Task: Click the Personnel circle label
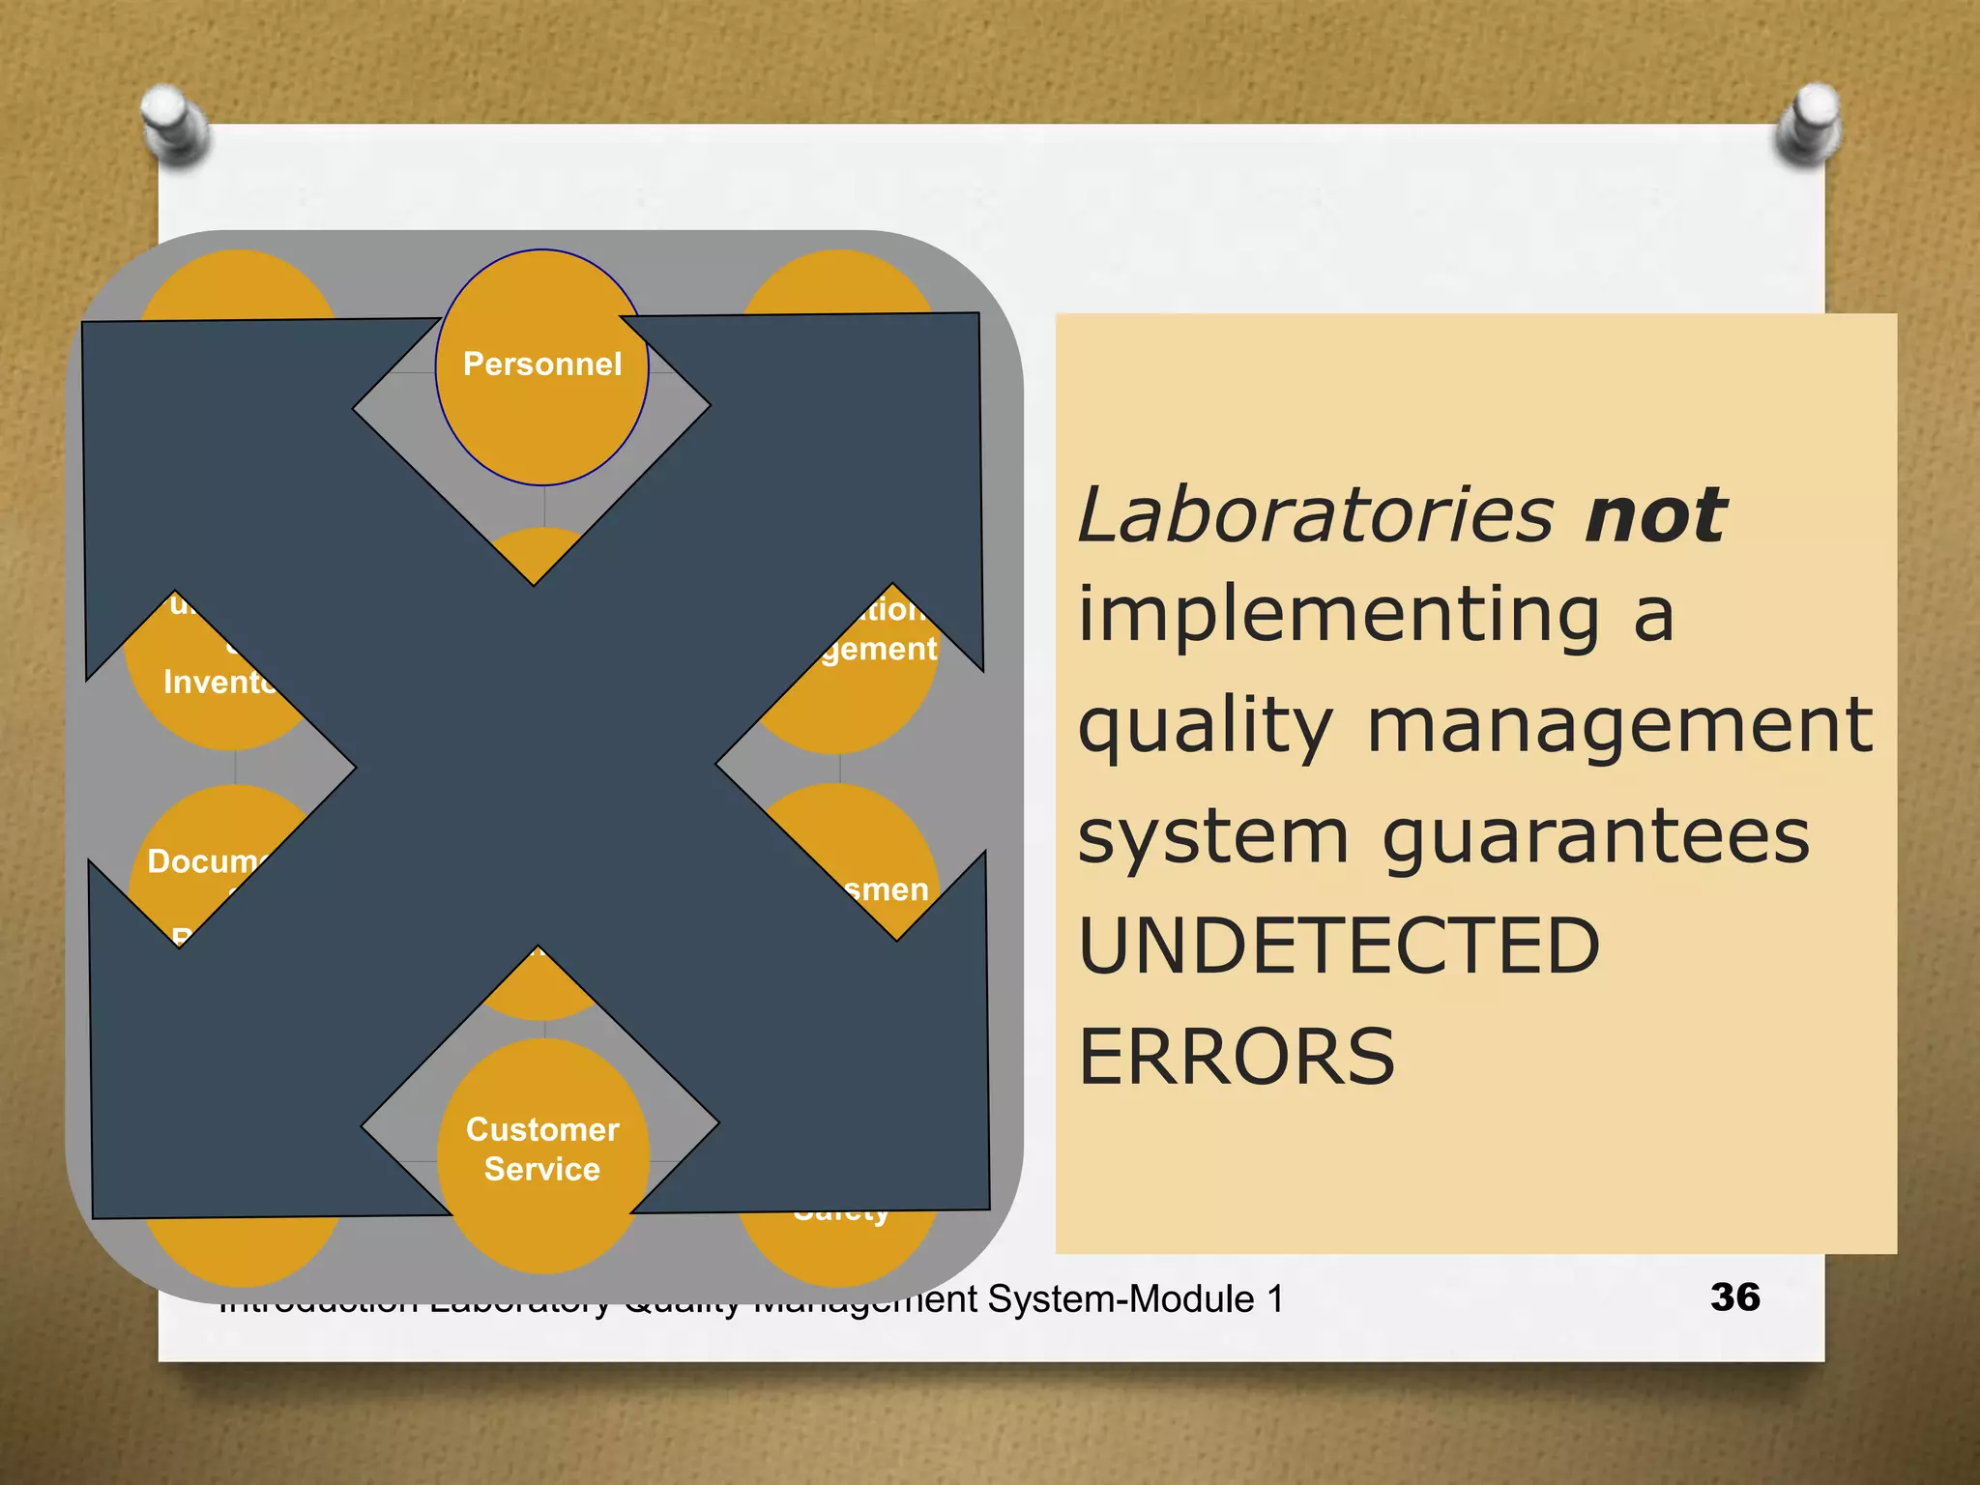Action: (x=541, y=364)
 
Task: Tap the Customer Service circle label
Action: (x=542, y=1149)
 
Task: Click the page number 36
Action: (x=1734, y=1297)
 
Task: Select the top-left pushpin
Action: (x=175, y=123)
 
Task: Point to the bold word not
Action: (x=1655, y=514)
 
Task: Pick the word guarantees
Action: (x=1595, y=837)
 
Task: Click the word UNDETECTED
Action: (x=1339, y=946)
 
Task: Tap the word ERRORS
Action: (x=1237, y=1056)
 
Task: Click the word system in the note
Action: (x=1212, y=837)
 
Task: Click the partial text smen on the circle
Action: (x=886, y=889)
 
